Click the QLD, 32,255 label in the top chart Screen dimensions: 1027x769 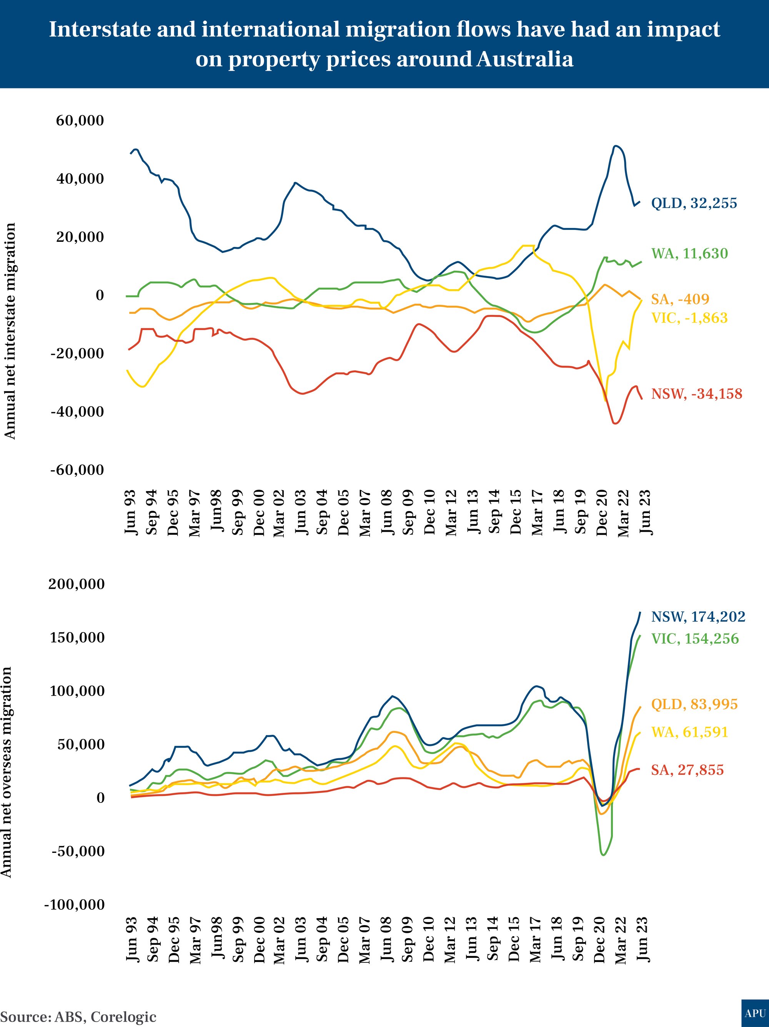[x=694, y=203]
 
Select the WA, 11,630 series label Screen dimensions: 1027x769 [x=689, y=253]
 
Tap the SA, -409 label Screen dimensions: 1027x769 [x=680, y=299]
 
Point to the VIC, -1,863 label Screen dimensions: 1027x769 [x=689, y=318]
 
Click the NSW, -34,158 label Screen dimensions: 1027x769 [x=697, y=394]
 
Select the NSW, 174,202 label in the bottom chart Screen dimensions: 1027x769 [x=698, y=617]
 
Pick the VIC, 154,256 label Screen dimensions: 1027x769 [x=695, y=639]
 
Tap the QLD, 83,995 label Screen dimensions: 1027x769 [x=694, y=704]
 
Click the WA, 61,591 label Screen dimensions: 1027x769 [x=689, y=732]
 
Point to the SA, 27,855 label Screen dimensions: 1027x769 [x=687, y=770]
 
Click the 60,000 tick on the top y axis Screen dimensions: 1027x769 [x=80, y=121]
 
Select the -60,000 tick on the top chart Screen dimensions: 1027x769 [x=77, y=470]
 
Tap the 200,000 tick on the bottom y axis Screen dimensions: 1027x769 [x=77, y=584]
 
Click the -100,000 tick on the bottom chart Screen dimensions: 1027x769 [x=74, y=904]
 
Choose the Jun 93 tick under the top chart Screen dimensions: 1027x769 [x=131, y=512]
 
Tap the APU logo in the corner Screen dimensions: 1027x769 [x=755, y=1013]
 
